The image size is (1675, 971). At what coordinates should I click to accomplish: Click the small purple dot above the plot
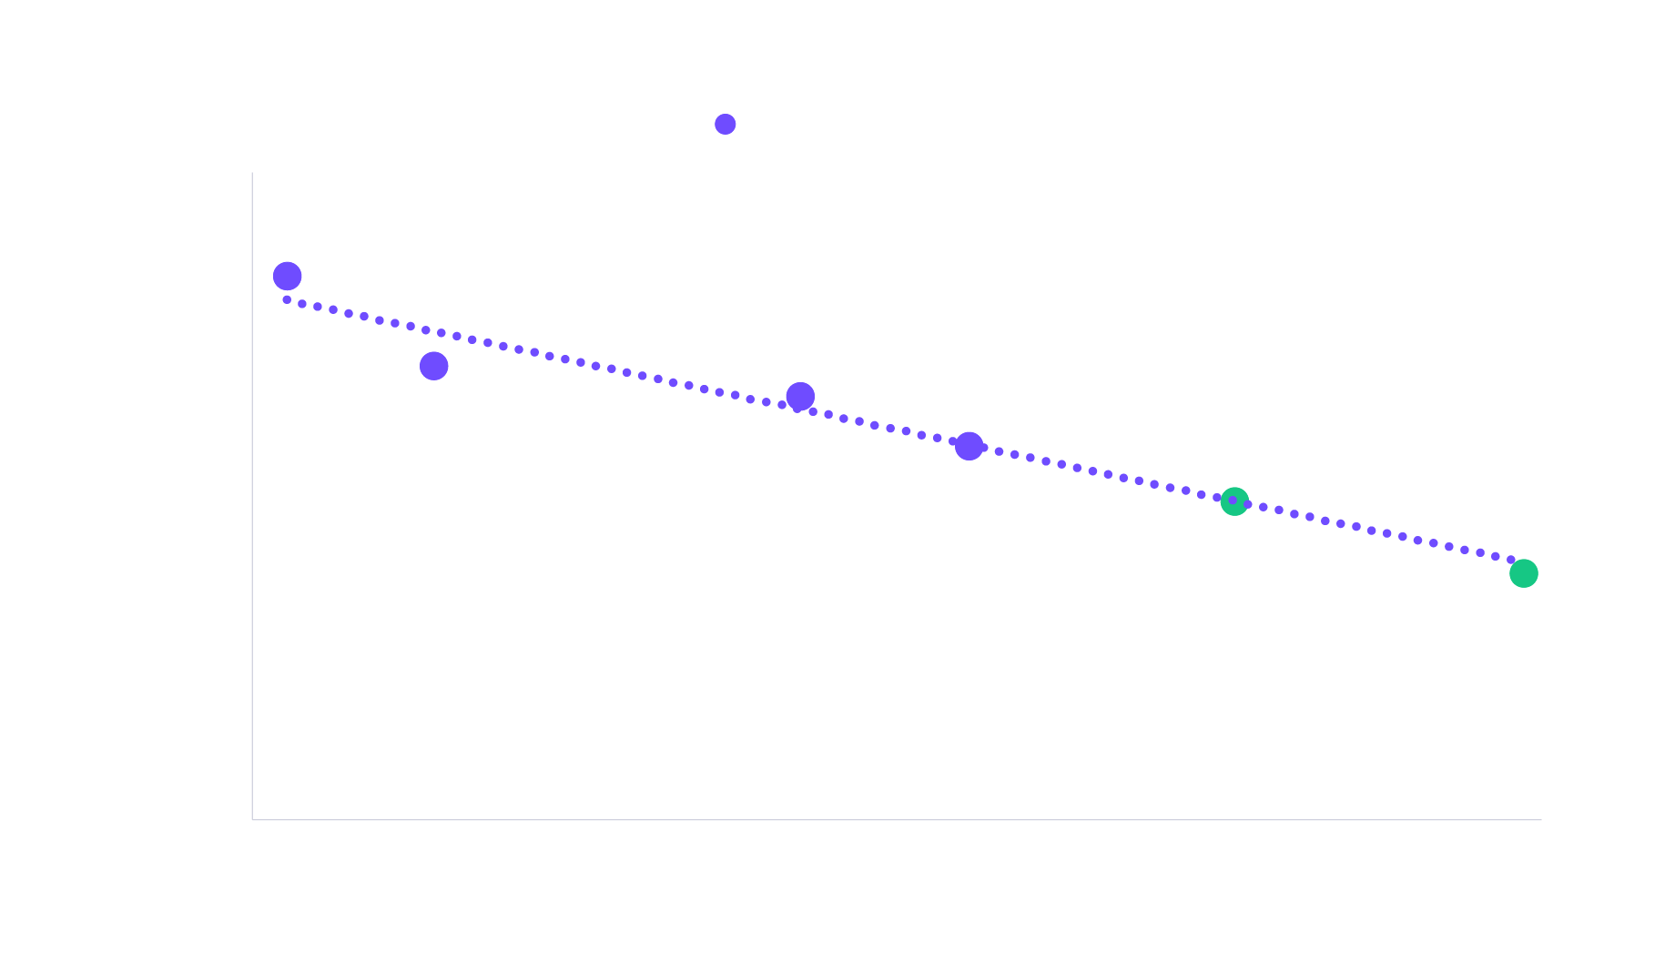click(725, 124)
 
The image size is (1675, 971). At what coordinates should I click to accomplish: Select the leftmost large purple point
click(287, 276)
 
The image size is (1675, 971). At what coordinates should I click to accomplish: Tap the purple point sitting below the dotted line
click(433, 366)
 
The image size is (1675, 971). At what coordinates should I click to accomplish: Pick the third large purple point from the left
click(800, 396)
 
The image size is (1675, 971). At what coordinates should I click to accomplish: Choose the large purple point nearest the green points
click(969, 446)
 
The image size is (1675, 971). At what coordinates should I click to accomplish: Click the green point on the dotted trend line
click(1233, 501)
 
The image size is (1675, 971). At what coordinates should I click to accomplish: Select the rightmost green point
click(1523, 573)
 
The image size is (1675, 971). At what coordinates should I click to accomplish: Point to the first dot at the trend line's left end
click(286, 298)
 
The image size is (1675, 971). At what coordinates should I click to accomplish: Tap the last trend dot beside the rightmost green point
click(1511, 561)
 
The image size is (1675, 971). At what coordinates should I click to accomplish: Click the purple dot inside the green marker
click(1233, 500)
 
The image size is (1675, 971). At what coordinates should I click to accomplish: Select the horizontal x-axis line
click(897, 819)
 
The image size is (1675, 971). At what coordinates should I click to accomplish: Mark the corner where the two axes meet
click(252, 819)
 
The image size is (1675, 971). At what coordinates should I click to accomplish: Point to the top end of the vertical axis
click(252, 173)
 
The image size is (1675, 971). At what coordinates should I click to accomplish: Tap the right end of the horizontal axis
click(1540, 819)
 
